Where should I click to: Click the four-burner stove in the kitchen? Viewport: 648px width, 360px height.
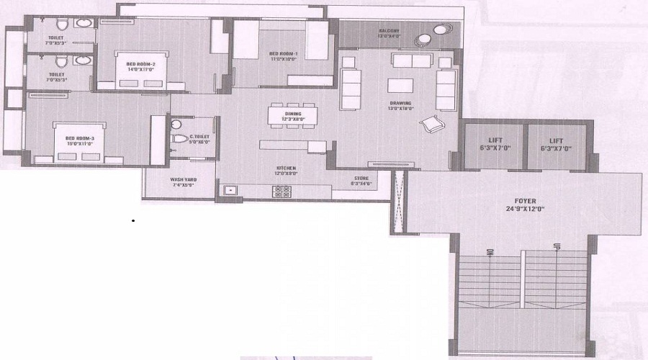[x=282, y=191]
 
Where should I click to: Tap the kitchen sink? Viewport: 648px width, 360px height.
[x=231, y=192]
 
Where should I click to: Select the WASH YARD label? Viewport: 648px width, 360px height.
[x=184, y=179]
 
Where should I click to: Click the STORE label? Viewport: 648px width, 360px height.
[x=361, y=178]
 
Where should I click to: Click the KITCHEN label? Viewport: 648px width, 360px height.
[x=286, y=168]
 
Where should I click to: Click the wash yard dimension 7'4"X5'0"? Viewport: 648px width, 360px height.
[x=184, y=186]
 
